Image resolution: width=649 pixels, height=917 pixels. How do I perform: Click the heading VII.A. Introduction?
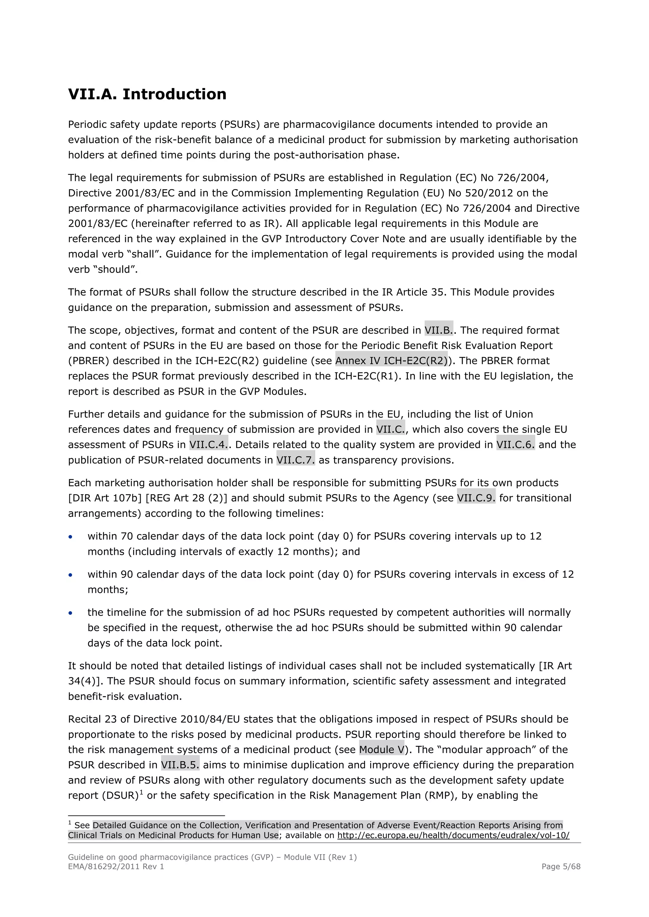[147, 95]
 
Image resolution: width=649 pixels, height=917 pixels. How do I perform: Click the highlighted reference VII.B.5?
[180, 765]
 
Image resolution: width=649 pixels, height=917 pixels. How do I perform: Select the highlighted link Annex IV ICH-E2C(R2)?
[391, 361]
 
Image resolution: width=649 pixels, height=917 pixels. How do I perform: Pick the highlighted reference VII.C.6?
[515, 445]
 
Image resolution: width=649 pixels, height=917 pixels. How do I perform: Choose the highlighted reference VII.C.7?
[295, 460]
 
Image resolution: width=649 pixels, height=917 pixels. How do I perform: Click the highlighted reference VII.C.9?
[476, 498]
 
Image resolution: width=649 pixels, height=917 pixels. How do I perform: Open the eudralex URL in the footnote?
[453, 835]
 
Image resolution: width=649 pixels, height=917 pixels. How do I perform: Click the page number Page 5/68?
[561, 866]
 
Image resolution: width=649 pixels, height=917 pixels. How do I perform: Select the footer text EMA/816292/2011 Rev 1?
[116, 866]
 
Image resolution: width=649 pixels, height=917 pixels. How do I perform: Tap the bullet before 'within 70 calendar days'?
[71, 537]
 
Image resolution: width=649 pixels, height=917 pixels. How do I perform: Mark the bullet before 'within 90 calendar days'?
[71, 575]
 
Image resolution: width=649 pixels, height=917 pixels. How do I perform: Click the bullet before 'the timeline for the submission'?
[71, 613]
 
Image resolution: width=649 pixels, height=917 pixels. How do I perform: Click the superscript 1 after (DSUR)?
[141, 792]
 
